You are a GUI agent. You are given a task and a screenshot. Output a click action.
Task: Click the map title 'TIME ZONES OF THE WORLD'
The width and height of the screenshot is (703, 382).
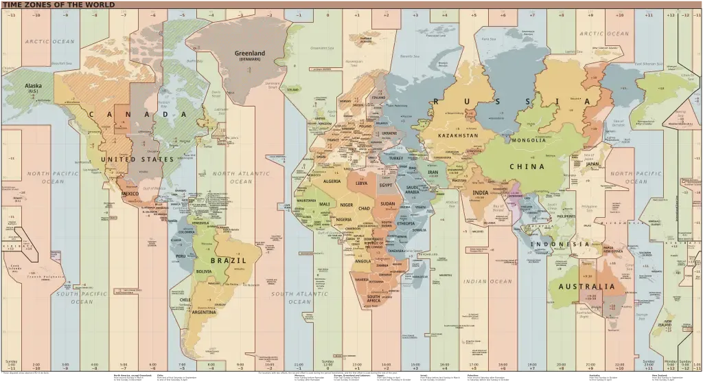click(x=58, y=5)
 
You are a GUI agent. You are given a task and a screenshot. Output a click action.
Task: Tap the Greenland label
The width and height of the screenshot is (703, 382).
click(x=251, y=54)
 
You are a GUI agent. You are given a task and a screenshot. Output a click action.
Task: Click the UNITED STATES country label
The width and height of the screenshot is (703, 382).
click(x=138, y=159)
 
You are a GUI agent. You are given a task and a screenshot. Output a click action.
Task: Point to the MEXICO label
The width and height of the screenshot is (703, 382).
click(x=130, y=194)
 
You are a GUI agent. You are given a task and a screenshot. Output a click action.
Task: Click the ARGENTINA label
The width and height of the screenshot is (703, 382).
click(x=204, y=312)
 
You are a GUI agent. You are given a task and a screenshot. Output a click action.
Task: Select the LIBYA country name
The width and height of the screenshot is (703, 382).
click(x=361, y=183)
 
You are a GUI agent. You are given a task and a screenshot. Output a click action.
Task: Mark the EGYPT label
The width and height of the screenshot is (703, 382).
click(x=385, y=186)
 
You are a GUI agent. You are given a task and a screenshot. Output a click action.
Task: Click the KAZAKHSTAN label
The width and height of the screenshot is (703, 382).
click(x=458, y=136)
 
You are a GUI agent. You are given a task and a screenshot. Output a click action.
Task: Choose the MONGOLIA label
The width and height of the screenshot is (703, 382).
click(x=529, y=140)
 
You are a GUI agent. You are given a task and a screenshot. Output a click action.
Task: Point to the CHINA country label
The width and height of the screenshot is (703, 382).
click(x=527, y=166)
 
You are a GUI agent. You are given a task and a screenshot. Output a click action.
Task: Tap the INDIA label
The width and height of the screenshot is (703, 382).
click(x=480, y=193)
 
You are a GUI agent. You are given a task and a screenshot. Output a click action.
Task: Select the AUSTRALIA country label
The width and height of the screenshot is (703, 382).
click(x=586, y=286)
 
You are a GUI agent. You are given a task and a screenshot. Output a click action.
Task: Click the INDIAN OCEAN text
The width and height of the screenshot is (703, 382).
click(x=487, y=282)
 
